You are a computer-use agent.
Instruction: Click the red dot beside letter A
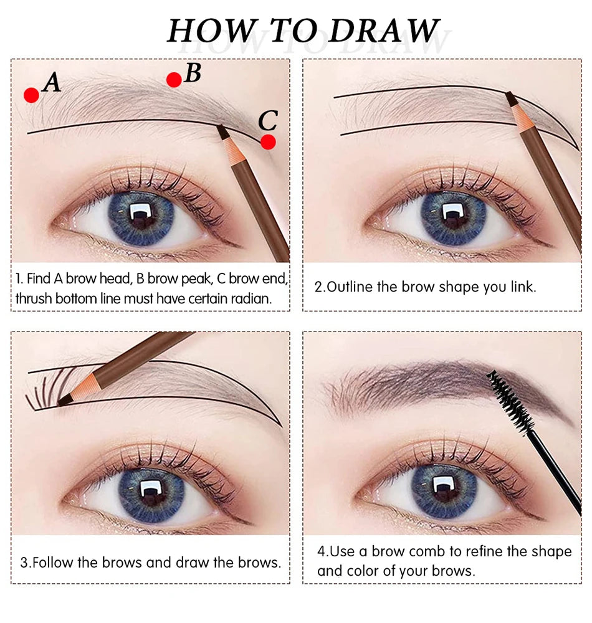pos(32,95)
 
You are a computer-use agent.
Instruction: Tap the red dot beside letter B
pos(174,79)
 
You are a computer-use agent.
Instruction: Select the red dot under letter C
pos(268,142)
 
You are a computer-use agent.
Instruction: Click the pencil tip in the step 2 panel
pos(510,97)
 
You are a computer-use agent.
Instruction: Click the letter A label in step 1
pos(52,82)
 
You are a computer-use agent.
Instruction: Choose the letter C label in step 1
pos(267,119)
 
